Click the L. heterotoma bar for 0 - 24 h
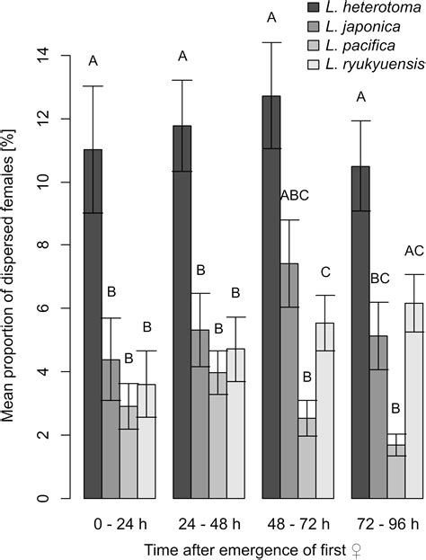(93, 324)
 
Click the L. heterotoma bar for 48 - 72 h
(271, 297)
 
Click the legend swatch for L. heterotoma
(306, 10)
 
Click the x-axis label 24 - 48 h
(209, 521)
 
